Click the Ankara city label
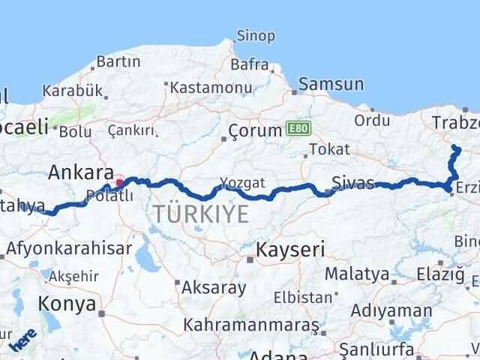point(81,172)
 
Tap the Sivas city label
point(352,182)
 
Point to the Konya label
point(70,304)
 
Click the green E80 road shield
point(297,130)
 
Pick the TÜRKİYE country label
point(200,214)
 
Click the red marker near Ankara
point(118,181)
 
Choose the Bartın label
point(118,61)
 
